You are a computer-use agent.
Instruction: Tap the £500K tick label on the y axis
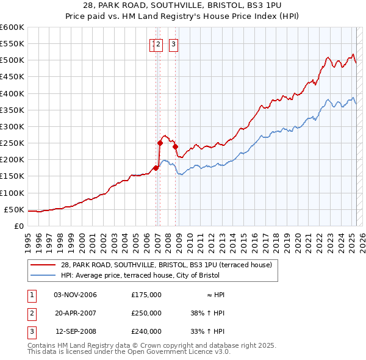pos(12,60)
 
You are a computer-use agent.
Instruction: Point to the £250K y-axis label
pos(12,143)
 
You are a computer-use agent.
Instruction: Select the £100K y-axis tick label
pos(12,193)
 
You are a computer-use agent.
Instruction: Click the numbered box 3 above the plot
pos(173,43)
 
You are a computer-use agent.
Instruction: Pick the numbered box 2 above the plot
pos(158,43)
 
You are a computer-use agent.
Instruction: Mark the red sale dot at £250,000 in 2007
pos(160,143)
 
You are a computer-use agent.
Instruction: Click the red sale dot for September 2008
pos(175,146)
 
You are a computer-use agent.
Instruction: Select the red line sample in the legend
pos(43,264)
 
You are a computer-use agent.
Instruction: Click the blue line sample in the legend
pos(43,275)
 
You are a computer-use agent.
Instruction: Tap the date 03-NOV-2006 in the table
pos(76,295)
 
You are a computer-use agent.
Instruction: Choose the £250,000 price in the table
pos(146,313)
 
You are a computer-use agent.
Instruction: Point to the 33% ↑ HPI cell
pos(207,331)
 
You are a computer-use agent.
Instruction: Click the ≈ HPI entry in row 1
pos(217,295)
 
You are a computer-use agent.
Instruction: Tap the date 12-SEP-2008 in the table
pos(76,331)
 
